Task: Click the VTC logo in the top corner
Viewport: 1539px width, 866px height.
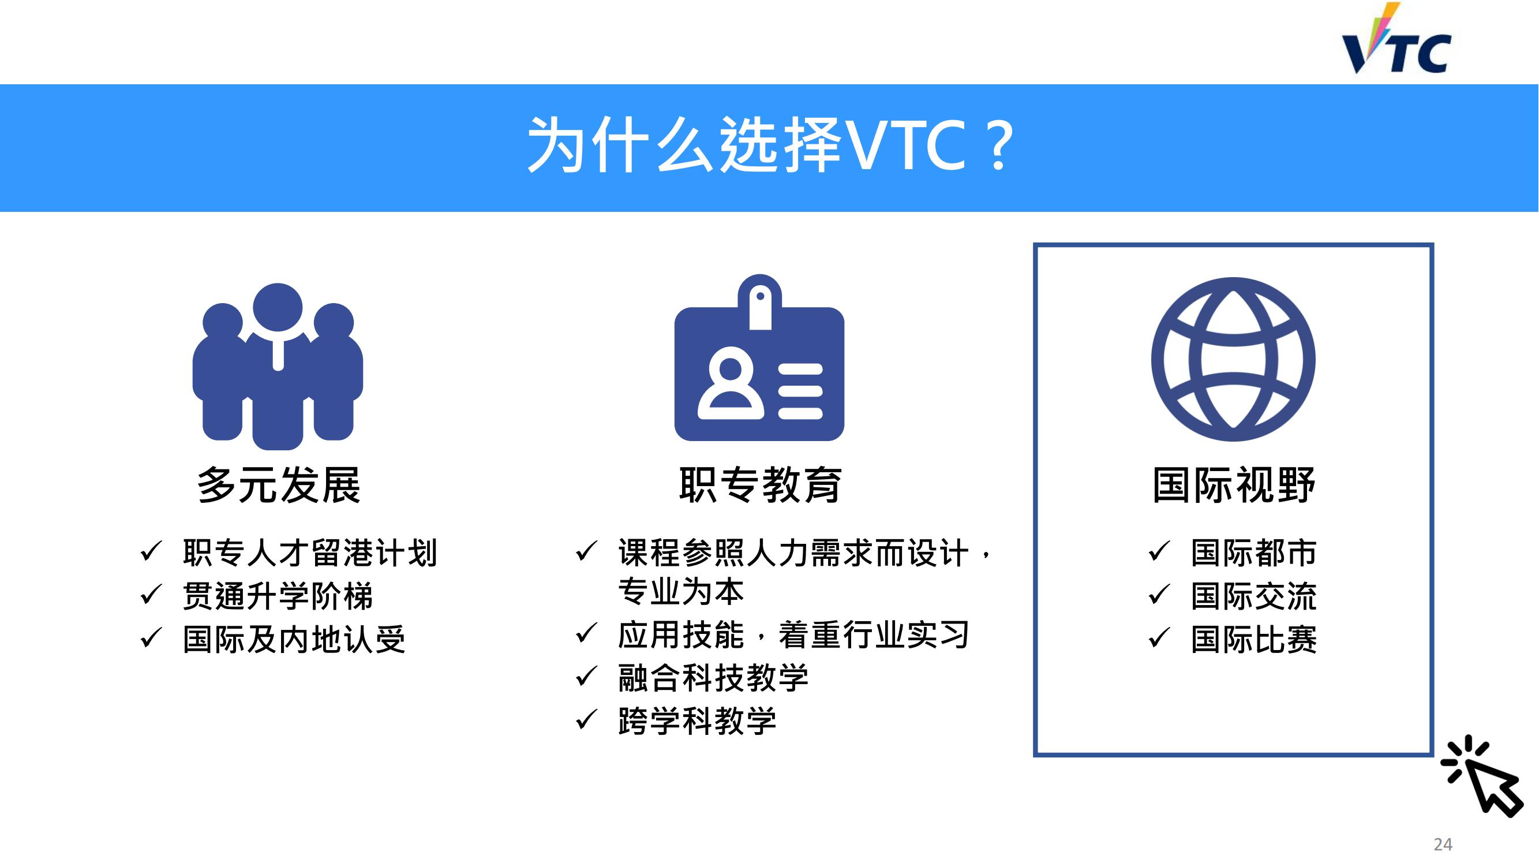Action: point(1396,39)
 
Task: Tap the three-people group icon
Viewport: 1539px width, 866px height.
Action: point(278,367)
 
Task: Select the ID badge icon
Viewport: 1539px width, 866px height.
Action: point(759,357)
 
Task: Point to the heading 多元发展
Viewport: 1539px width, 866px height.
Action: point(279,485)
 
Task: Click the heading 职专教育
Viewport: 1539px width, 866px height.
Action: point(761,485)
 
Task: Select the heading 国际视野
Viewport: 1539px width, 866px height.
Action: point(1234,485)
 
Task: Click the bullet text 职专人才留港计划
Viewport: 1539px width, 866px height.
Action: point(310,553)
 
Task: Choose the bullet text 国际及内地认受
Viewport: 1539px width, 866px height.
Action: point(294,640)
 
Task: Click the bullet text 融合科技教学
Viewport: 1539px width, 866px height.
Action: point(714,678)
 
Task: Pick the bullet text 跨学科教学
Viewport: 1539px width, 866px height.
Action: point(698,721)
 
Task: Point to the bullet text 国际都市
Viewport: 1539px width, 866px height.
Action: point(1254,553)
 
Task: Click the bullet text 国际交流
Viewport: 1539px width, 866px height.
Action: point(1254,596)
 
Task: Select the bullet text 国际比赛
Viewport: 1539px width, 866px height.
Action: point(1254,640)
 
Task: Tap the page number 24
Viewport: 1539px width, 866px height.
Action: point(1443,845)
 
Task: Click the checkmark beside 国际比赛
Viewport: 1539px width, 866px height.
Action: point(1159,639)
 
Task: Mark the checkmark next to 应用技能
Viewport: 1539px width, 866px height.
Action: point(587,633)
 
